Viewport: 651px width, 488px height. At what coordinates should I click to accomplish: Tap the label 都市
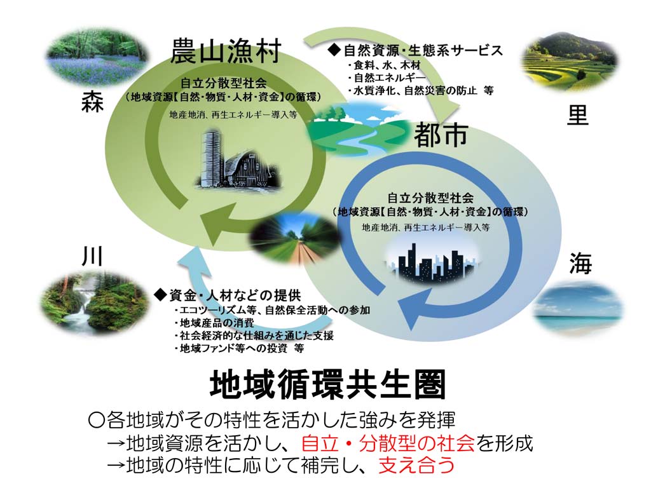click(441, 135)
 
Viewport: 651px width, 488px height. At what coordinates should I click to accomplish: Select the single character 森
click(92, 102)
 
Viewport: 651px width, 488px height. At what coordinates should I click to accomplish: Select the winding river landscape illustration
click(358, 128)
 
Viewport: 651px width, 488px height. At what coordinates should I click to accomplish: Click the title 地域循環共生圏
click(328, 384)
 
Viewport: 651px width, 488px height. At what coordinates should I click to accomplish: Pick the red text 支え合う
click(416, 464)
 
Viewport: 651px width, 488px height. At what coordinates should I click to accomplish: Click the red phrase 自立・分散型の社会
click(388, 443)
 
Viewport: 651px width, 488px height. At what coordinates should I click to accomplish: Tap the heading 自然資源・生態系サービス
click(415, 51)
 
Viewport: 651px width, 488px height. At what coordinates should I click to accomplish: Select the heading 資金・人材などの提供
click(228, 295)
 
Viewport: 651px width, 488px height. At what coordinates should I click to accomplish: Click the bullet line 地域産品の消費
click(215, 323)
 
